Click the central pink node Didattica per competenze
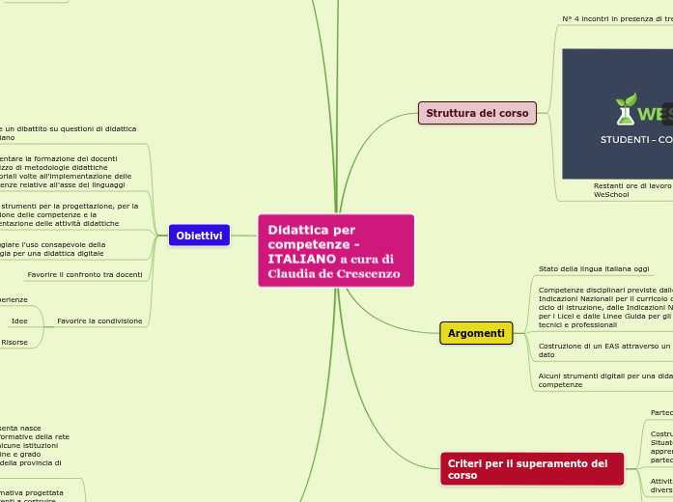[336, 250]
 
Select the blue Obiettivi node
[199, 236]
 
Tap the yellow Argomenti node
[476, 333]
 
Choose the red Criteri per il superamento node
[531, 469]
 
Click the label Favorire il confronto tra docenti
[85, 275]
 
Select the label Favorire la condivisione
[99, 321]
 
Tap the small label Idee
[19, 321]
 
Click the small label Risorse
[14, 342]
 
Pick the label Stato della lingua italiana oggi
[593, 268]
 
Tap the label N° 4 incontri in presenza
[616, 18]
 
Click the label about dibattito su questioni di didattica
[68, 133]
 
